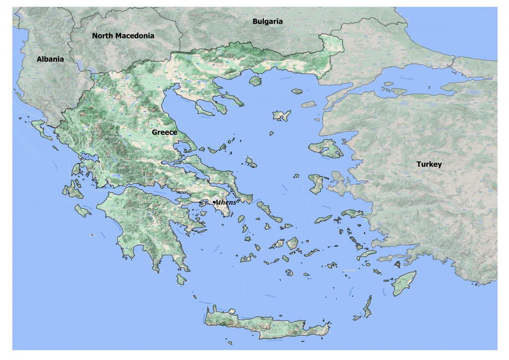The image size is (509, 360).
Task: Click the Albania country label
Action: pyautogui.click(x=50, y=59)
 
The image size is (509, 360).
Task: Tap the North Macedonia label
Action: pyautogui.click(x=123, y=36)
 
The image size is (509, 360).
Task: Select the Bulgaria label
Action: pyautogui.click(x=267, y=21)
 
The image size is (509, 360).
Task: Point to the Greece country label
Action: pyautogui.click(x=164, y=132)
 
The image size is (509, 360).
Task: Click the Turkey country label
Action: pyautogui.click(x=429, y=164)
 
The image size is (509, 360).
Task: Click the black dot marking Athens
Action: pyautogui.click(x=213, y=202)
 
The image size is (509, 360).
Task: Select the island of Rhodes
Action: pyautogui.click(x=404, y=284)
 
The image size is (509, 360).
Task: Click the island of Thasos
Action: pyautogui.click(x=255, y=81)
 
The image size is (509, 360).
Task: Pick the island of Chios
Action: pyautogui.click(x=316, y=184)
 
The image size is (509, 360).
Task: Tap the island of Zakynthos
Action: pyautogui.click(x=83, y=211)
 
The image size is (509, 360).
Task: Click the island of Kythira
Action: pyautogui.click(x=182, y=280)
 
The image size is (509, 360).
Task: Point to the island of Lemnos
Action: pyautogui.click(x=282, y=116)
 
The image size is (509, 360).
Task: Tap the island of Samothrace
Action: pyautogui.click(x=297, y=91)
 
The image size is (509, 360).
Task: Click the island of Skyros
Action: pyautogui.click(x=251, y=162)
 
